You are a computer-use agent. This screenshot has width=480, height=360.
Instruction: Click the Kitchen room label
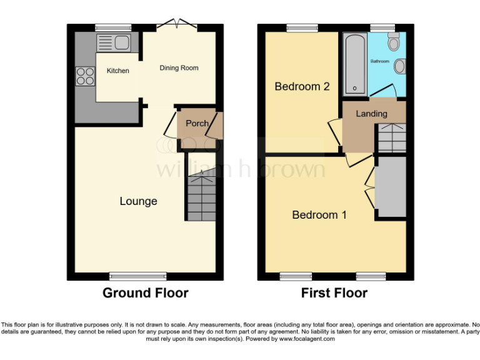click(117, 71)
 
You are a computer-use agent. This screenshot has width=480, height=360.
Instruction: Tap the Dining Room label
click(179, 68)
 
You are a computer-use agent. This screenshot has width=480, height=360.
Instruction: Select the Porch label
click(197, 123)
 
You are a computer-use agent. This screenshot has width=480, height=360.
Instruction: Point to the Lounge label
click(138, 201)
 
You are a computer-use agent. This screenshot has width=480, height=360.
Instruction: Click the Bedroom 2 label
click(302, 86)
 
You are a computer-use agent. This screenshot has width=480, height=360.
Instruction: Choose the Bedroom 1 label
click(319, 215)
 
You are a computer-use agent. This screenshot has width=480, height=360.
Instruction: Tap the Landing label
click(371, 114)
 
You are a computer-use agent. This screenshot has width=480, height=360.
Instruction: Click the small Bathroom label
click(380, 61)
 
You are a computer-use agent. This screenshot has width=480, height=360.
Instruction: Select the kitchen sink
click(113, 42)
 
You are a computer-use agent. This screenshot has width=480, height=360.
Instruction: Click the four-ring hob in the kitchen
click(84, 76)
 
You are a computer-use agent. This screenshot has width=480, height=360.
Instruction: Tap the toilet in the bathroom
click(394, 42)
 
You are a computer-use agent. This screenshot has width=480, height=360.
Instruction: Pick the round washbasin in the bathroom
click(400, 66)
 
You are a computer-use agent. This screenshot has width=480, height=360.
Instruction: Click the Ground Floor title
click(145, 292)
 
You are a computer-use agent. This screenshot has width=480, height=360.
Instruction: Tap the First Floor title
click(334, 292)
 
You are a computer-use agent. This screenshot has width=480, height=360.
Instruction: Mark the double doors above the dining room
click(177, 24)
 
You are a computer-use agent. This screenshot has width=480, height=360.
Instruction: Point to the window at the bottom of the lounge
click(137, 276)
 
